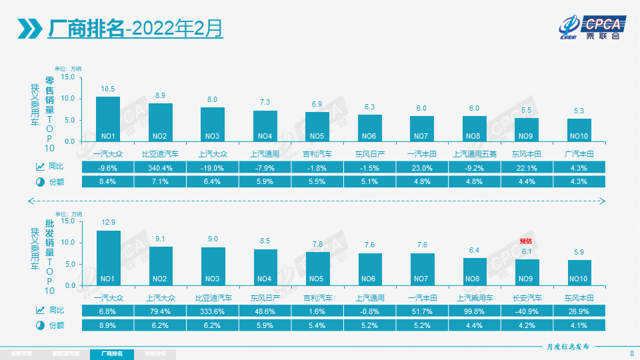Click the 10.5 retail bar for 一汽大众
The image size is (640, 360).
(x=108, y=119)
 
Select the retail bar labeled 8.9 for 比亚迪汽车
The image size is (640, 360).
(x=160, y=123)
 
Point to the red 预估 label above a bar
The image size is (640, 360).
(x=526, y=241)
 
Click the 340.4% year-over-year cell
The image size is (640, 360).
(x=160, y=167)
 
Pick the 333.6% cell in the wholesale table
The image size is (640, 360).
(x=213, y=311)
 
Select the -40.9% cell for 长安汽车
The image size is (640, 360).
(x=526, y=311)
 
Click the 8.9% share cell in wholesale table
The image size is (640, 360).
(x=108, y=325)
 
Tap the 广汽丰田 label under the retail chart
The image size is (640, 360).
(x=578, y=154)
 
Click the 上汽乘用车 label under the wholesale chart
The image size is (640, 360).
(x=474, y=298)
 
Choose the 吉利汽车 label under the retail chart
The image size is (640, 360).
(x=317, y=154)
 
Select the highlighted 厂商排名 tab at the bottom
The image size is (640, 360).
(x=111, y=353)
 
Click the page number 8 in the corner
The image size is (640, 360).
(x=631, y=353)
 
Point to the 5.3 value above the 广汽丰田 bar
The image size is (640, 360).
(x=578, y=111)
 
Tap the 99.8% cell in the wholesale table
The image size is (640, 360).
(x=474, y=311)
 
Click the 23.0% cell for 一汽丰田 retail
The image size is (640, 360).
(x=422, y=167)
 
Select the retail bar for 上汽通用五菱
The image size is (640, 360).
(x=474, y=129)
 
